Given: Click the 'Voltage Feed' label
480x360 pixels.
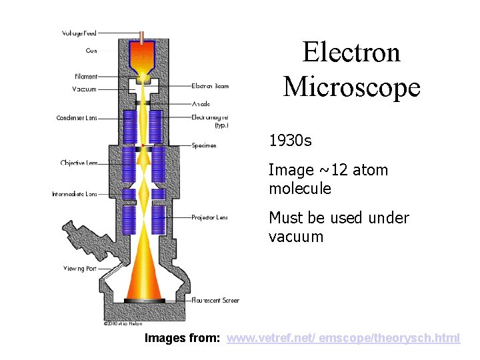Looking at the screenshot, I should click(79, 33).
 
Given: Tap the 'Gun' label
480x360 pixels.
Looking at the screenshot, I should click(91, 50).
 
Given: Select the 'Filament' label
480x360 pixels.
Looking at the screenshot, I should click(86, 77).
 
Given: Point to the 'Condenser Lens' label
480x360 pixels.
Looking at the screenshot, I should click(77, 118).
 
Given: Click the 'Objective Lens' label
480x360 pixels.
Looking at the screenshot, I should click(79, 163).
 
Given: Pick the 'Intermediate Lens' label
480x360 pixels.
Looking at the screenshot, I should click(75, 194).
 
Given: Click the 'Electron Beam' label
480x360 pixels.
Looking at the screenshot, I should click(210, 85).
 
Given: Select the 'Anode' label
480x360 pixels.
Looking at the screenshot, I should click(201, 104).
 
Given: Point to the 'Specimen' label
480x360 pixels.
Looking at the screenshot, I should click(203, 145).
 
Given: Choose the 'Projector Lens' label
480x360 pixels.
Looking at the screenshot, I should click(209, 217).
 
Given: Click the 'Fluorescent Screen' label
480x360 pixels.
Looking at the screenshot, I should click(215, 301).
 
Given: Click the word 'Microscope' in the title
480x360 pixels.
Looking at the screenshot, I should click(351, 87).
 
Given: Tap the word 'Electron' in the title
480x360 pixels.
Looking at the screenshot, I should click(351, 52).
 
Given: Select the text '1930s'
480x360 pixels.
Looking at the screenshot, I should click(290, 141).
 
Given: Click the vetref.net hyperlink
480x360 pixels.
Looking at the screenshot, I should click(343, 339).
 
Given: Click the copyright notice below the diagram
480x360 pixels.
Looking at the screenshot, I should click(123, 324).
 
